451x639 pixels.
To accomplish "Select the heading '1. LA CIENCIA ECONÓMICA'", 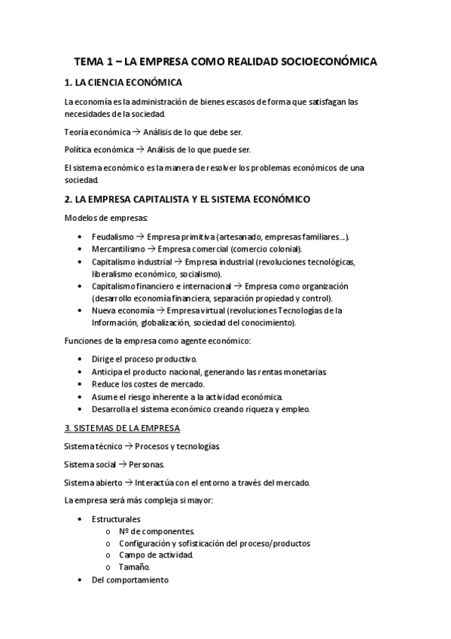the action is (123, 82).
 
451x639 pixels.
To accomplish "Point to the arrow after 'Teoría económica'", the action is (136, 132).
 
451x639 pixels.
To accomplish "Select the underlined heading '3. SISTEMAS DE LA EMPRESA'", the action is (122, 429).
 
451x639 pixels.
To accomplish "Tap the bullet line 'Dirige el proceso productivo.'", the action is (144, 359).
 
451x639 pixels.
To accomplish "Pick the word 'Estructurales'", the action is (116, 519).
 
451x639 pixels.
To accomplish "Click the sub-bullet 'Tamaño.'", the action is (135, 567).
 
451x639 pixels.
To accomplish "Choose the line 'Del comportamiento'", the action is (130, 580).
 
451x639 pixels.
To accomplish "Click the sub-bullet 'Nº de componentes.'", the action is (157, 531).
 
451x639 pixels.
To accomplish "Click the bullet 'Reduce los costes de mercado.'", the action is (148, 384).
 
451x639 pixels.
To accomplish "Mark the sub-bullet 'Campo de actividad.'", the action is (156, 555).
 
